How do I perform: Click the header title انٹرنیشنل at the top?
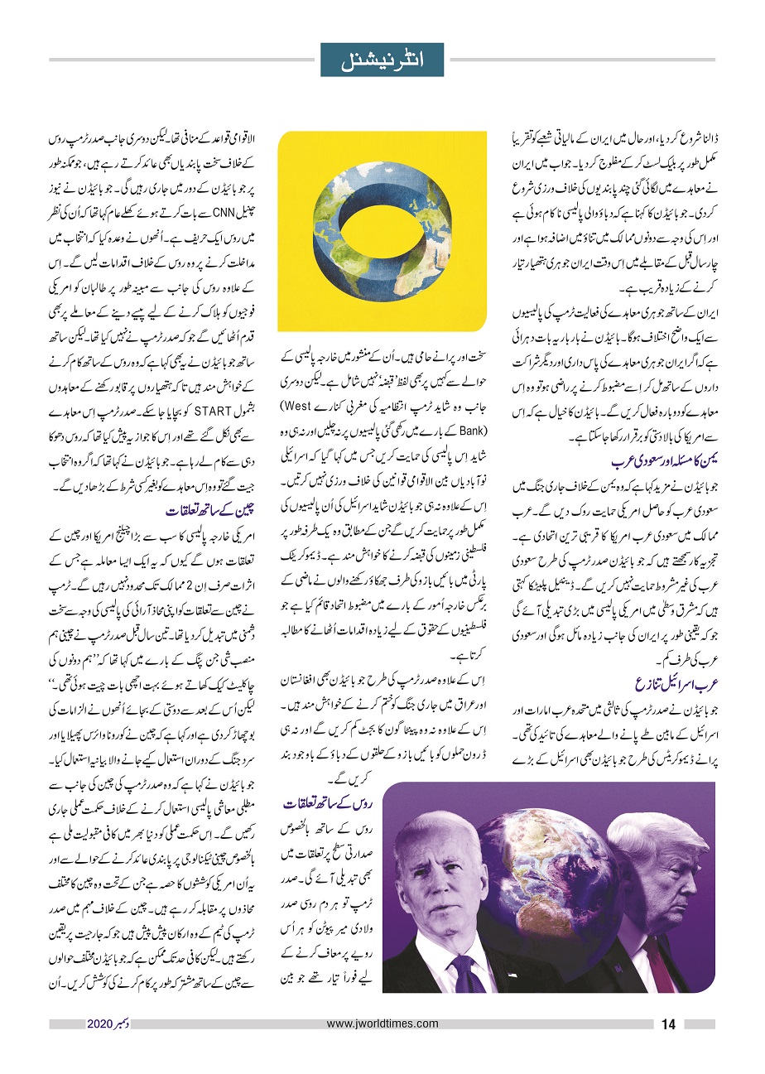click(382, 60)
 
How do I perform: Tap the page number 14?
click(669, 1024)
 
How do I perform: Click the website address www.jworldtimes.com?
click(382, 1023)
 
